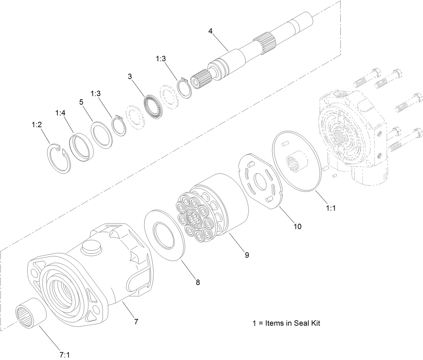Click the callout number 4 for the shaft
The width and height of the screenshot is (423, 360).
click(210, 31)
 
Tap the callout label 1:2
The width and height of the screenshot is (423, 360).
click(37, 125)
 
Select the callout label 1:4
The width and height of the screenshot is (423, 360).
click(60, 113)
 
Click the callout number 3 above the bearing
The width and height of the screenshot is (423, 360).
click(129, 76)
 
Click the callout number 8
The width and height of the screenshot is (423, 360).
click(198, 282)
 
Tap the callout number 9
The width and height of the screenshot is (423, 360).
click(247, 255)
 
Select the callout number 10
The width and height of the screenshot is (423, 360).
click(297, 226)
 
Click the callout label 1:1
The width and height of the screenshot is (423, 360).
click(331, 208)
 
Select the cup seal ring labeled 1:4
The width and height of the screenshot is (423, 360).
click(82, 147)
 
